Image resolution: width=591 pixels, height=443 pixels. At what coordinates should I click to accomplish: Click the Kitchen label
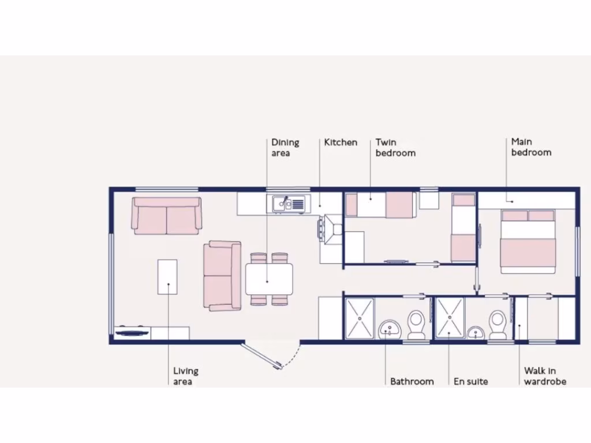[x=341, y=142]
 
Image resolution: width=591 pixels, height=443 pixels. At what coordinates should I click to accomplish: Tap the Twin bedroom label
[x=395, y=148]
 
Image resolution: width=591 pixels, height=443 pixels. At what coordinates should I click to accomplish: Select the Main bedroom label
[x=531, y=147]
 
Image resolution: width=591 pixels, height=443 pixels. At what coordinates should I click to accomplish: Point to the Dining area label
[x=285, y=148]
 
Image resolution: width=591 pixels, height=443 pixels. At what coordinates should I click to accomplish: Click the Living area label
[x=186, y=376]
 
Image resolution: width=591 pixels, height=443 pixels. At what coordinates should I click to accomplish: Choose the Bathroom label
[x=412, y=381]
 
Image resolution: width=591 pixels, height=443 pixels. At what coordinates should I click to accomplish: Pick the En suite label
[x=470, y=381]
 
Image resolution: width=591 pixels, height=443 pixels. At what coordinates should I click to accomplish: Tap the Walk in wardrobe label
[x=545, y=376]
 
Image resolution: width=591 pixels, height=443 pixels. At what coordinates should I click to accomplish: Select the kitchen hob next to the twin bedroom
[x=331, y=228]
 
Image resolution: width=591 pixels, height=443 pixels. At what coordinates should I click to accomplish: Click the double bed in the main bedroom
[x=528, y=242]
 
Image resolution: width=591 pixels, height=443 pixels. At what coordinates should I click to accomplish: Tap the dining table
[x=269, y=279]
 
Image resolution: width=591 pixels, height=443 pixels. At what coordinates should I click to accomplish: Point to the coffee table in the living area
[x=167, y=277]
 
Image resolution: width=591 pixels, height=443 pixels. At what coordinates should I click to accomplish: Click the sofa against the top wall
[x=167, y=216]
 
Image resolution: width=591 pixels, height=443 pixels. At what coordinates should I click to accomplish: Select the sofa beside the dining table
[x=222, y=276]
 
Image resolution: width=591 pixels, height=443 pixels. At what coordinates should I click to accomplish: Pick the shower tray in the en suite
[x=450, y=317]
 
